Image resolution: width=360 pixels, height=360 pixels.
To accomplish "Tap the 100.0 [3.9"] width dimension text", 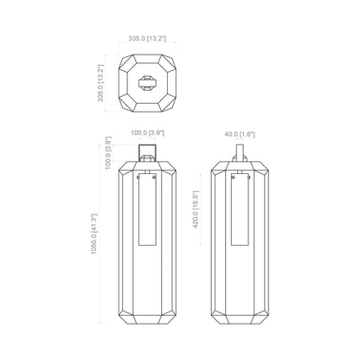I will (x=148, y=132).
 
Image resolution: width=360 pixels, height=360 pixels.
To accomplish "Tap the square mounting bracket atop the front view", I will (x=148, y=152).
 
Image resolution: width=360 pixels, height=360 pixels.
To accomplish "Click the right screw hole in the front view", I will (x=156, y=180).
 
